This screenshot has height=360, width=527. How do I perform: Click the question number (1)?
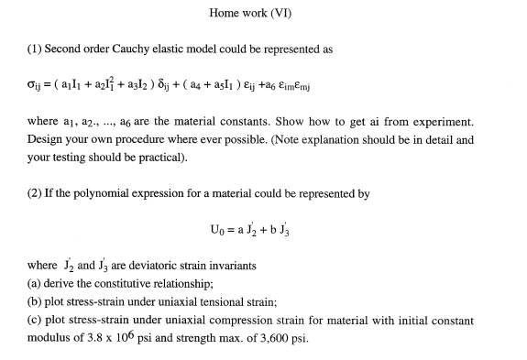pyautogui.click(x=32, y=48)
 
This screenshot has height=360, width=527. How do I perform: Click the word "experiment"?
pyautogui.click(x=423, y=123)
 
